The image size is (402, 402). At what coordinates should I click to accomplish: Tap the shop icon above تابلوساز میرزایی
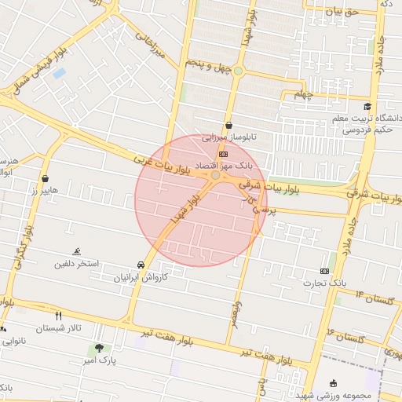point(228,125)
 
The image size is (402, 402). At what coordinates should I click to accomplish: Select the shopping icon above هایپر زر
point(46,179)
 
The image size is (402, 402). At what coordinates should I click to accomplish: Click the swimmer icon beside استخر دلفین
point(77,251)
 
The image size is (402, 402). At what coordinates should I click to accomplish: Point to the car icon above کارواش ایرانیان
point(141,265)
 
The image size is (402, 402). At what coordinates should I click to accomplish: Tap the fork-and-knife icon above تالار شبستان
point(58,316)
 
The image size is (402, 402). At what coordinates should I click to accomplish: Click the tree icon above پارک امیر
point(98,347)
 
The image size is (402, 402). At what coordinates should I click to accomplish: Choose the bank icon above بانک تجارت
point(325,270)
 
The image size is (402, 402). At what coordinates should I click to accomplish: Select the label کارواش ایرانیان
point(120,277)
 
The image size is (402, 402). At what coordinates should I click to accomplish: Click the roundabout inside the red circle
point(215,175)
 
